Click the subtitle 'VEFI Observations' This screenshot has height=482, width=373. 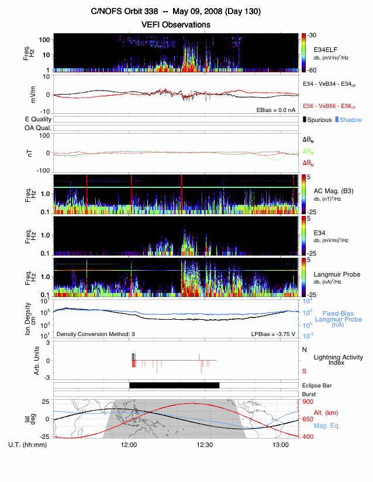(x=176, y=25)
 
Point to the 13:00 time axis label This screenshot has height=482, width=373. (x=281, y=445)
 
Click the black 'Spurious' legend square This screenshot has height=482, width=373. (x=305, y=120)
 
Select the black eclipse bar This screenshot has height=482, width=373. (x=174, y=385)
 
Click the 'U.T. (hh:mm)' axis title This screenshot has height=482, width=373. (x=29, y=445)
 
